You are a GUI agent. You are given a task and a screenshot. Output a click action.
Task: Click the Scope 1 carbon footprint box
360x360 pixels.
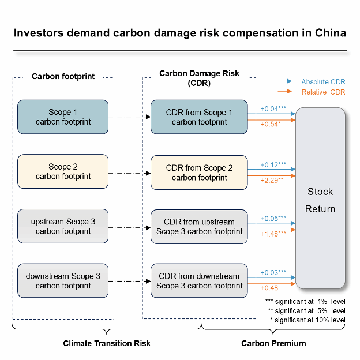pos(63,117)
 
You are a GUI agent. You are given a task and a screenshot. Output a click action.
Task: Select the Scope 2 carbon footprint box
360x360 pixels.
pos(63,171)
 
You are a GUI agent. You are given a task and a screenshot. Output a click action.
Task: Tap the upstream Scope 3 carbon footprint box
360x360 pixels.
pos(63,226)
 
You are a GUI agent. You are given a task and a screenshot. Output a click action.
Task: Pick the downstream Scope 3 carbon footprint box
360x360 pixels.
pos(63,281)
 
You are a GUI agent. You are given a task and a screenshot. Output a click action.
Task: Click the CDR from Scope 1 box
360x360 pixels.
pos(199,117)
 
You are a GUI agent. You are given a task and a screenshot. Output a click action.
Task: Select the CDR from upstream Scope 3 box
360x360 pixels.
pos(199,226)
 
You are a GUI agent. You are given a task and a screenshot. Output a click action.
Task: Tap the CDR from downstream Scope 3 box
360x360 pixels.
pos(199,281)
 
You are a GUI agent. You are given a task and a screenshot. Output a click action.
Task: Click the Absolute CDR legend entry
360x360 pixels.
pos(322,82)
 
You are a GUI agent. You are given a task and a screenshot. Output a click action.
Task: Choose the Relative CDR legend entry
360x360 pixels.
pos(322,92)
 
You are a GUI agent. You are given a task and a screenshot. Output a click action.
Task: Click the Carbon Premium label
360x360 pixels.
pos(273,343)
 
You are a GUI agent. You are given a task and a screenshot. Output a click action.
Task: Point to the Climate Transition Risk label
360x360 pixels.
pos(107,343)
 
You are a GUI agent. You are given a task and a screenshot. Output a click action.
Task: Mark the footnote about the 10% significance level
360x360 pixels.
pos(310,320)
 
